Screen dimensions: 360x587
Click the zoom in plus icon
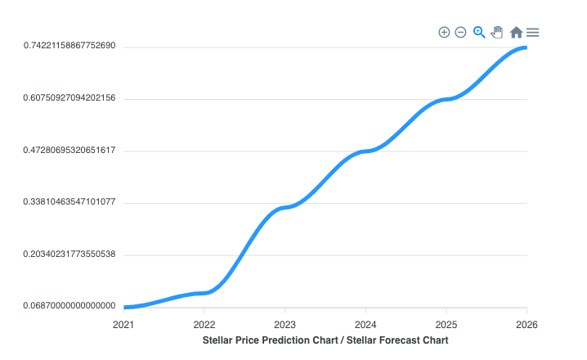click(444, 32)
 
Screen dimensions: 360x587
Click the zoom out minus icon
click(460, 32)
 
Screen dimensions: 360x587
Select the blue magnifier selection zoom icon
click(479, 32)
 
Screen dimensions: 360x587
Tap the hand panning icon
click(497, 32)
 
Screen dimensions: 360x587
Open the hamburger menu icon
click(532, 32)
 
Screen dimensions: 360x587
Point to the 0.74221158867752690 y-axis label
click(69, 46)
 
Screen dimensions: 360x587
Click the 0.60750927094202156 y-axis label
click(69, 98)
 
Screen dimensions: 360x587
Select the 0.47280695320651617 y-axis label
click(69, 151)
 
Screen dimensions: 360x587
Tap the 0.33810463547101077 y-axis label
click(69, 202)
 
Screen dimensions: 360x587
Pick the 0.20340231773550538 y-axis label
click(69, 254)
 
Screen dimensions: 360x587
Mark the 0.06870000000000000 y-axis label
click(69, 306)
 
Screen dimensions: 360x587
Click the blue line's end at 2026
click(526, 47)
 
